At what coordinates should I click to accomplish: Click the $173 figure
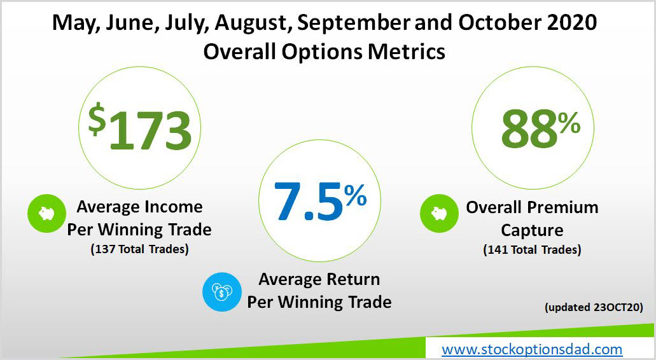point(139,127)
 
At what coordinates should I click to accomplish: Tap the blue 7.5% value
point(320,201)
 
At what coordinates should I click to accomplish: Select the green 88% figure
point(541,128)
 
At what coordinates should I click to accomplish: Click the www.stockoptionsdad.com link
point(532,349)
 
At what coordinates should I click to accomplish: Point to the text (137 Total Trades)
point(140,249)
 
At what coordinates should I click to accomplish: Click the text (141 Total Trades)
point(532,249)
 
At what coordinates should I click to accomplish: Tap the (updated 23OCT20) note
point(594,307)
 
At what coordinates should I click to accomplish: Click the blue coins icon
point(221,292)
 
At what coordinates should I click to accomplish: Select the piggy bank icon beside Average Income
point(46,213)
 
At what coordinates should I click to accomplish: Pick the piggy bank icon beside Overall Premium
point(439,213)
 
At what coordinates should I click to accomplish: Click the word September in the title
point(354,23)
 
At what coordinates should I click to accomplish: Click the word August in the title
point(253,24)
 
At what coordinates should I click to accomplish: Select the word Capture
point(532,230)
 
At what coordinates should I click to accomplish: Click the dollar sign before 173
point(97,119)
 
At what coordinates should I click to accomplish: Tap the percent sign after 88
point(569,123)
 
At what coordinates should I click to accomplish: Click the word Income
point(173,207)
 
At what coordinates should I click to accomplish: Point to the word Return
point(353,279)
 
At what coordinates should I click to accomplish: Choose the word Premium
point(562,207)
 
